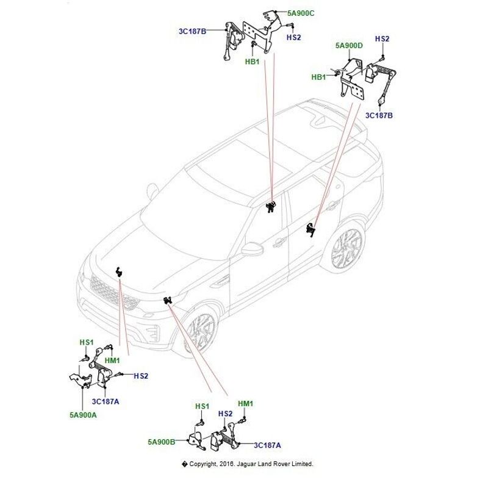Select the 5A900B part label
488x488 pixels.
pos(161,441)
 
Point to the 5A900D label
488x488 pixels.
pos(349,46)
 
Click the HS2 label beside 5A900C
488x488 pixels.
pos(294,38)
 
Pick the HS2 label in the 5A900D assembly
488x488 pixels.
pos(382,39)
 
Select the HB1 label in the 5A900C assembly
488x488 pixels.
pos(253,62)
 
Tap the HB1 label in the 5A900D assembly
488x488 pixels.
pos(319,77)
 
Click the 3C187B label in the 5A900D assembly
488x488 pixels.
pos(379,114)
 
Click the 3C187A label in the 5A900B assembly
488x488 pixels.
pos(267,444)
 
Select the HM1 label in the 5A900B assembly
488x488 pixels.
pos(245,404)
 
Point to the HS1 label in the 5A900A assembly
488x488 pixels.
pos(86,343)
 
